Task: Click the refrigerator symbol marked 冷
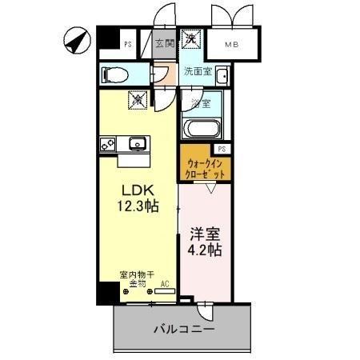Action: (x=138, y=101)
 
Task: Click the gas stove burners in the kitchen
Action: (x=108, y=145)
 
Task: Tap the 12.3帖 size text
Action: (x=138, y=206)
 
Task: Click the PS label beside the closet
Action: (x=222, y=149)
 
